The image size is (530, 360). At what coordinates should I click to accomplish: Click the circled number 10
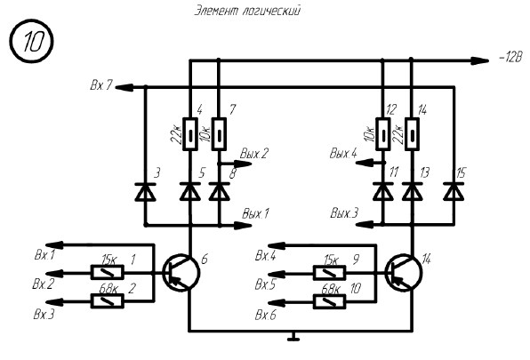point(31,41)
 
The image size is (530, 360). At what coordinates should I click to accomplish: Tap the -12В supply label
point(510,58)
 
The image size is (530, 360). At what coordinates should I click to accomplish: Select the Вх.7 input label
point(100,84)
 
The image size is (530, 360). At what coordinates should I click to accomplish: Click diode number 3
point(145,192)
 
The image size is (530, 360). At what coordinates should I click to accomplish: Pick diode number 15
point(454,191)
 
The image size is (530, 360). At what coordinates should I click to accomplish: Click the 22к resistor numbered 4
point(190,134)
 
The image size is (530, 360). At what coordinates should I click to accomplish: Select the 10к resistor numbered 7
point(219,134)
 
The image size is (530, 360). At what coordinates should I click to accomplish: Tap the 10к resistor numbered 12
point(383,134)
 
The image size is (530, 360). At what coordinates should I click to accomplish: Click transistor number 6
point(181,273)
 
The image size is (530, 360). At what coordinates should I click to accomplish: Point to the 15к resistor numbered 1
point(107,272)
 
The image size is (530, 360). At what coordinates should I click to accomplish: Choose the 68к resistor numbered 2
point(107,301)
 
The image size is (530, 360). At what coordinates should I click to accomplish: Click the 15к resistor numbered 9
point(330,273)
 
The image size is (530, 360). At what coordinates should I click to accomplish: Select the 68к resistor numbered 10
point(330,301)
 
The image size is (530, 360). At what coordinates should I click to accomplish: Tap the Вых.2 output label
point(253,154)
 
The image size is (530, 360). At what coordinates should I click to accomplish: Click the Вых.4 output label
point(343,153)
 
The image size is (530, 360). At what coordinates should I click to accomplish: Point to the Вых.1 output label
point(255,213)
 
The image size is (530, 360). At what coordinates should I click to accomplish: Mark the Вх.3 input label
point(44,315)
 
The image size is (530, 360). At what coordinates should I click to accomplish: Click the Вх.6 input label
point(265,315)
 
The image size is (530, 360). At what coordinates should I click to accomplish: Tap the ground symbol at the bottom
point(293,336)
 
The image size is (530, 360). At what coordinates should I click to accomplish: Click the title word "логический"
point(271,11)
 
